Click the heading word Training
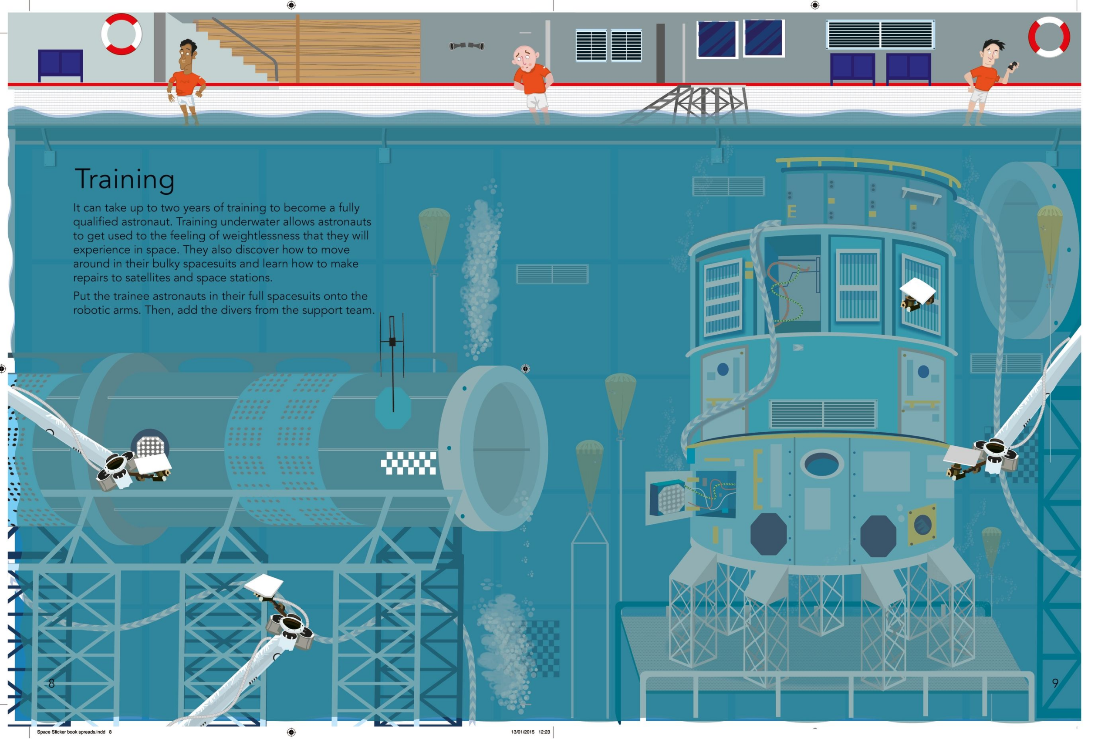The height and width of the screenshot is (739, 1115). click(125, 180)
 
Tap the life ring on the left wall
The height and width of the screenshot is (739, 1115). click(122, 34)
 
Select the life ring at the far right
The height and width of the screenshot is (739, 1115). click(1049, 37)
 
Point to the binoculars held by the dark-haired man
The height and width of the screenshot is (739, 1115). click(1012, 66)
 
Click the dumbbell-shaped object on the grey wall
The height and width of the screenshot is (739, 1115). click(466, 46)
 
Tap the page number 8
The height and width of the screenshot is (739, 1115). click(52, 683)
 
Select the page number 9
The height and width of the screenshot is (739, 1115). click(1055, 683)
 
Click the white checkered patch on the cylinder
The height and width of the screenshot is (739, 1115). click(408, 463)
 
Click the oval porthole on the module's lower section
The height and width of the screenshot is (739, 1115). click(821, 464)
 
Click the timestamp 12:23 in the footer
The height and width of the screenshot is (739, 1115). click(544, 732)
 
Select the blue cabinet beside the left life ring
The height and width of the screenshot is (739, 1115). click(60, 64)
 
